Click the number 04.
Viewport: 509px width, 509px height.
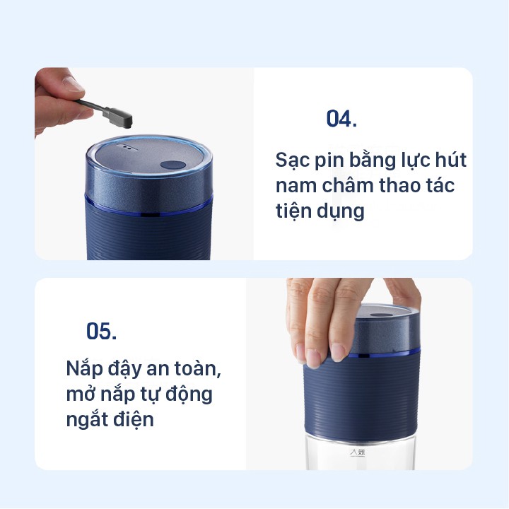click(x=341, y=119)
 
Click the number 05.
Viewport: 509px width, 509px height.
click(x=101, y=331)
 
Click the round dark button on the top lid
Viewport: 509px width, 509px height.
click(x=173, y=165)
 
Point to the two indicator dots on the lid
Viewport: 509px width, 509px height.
click(x=127, y=148)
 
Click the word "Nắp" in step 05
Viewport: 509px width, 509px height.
click(x=85, y=369)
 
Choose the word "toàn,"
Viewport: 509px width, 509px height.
click(x=198, y=369)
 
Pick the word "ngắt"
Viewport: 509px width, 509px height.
click(x=87, y=420)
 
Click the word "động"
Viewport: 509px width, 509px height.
click(x=189, y=394)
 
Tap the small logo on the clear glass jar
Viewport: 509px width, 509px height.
click(x=357, y=452)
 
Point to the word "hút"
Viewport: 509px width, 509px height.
click(x=451, y=159)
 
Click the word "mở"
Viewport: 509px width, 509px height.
click(x=80, y=394)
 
